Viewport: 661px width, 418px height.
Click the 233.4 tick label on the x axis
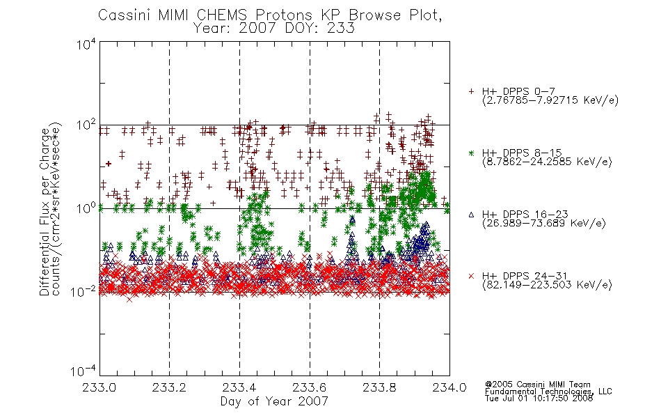click(x=239, y=387)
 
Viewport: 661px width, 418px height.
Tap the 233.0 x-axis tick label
click(x=99, y=387)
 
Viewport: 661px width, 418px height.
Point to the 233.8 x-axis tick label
click(x=379, y=387)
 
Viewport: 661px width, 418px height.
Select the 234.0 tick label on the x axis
click(x=449, y=387)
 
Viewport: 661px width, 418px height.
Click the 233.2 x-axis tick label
click(x=170, y=387)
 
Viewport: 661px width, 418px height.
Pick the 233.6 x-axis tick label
click(x=310, y=387)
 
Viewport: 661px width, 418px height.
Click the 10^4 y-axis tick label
click(x=86, y=44)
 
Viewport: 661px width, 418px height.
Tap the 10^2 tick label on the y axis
click(x=86, y=125)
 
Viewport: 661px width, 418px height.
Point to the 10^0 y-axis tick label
click(x=86, y=208)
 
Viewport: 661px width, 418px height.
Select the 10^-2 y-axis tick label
click(x=83, y=291)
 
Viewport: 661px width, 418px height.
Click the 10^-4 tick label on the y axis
click(x=83, y=371)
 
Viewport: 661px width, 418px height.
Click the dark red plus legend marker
click(x=471, y=91)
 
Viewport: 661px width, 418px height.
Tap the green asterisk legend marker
click(x=471, y=153)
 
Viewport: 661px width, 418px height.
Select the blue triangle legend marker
click(x=471, y=215)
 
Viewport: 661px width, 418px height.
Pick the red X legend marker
click(x=471, y=276)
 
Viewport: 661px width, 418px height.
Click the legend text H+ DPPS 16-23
click(x=525, y=215)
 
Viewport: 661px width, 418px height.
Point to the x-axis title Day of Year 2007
click(x=274, y=401)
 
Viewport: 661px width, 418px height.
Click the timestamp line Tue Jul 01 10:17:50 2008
click(x=539, y=398)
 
